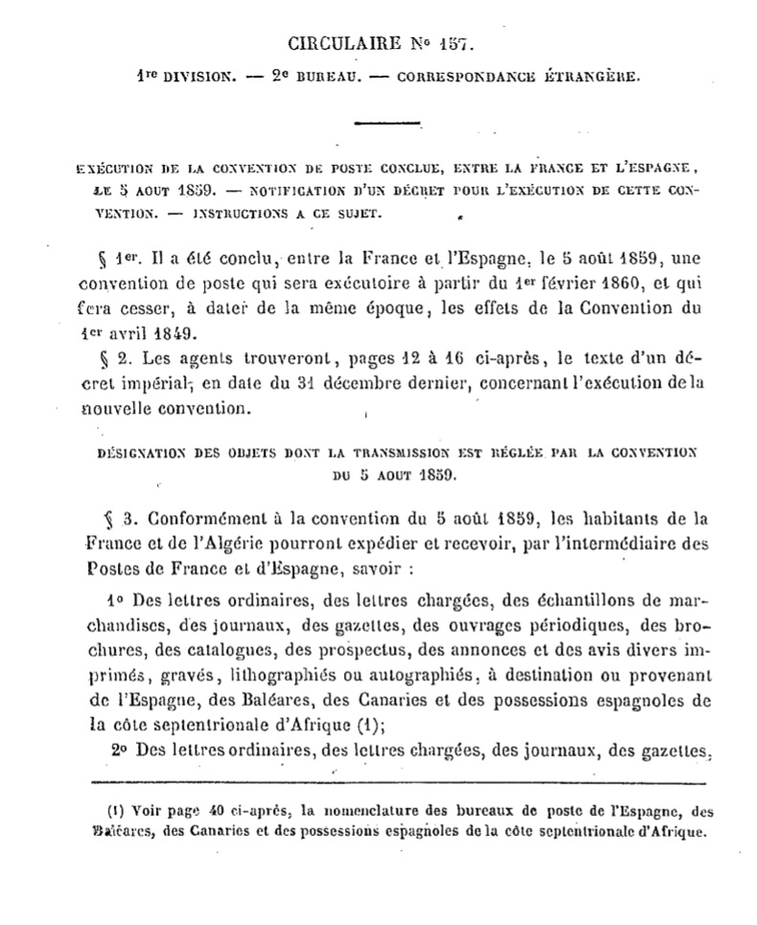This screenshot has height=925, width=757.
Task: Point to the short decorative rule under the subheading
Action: coord(388,122)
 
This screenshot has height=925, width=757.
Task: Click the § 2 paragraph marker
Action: coord(113,360)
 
